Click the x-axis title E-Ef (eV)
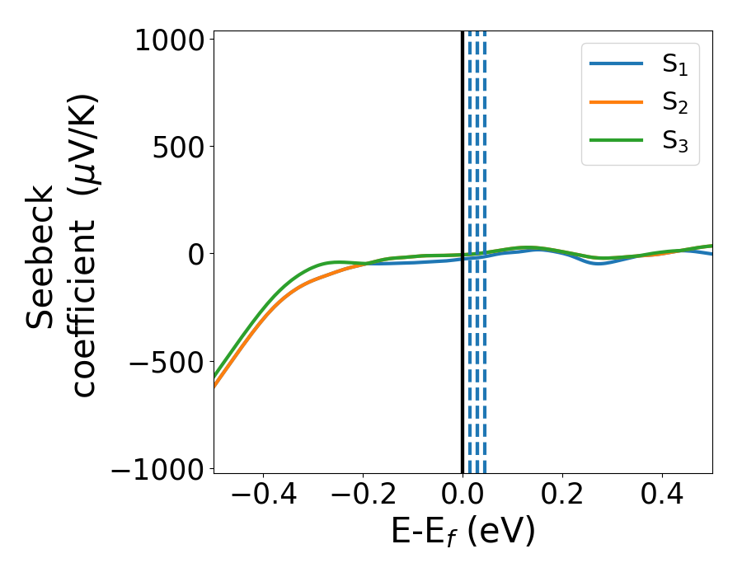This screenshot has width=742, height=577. [x=463, y=532]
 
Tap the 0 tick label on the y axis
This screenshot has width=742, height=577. [x=195, y=255]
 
